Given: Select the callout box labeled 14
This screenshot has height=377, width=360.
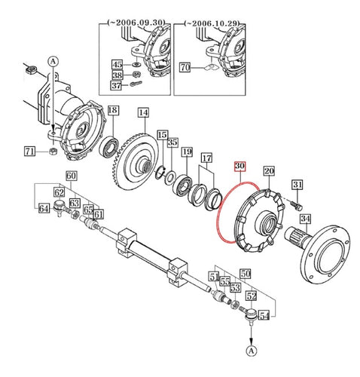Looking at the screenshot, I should pos(142,112).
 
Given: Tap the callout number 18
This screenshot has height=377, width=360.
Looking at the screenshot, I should pos(111,111).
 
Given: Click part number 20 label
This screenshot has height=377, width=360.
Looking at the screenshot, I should pos(269,171).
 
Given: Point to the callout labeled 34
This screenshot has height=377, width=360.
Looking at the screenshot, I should pos(305,219).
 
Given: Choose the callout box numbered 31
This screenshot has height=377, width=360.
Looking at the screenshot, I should pos(297,186).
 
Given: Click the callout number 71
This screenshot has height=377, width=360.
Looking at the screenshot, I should pos(29,152).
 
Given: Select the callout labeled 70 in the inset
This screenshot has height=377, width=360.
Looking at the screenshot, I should pos(184,68).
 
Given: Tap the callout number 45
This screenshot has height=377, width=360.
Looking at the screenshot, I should pos(117,65).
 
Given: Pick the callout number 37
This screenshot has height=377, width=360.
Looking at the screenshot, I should pos(117,86).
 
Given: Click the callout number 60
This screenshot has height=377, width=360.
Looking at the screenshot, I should pos(71,176).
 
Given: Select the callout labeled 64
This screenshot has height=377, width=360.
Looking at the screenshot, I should pos(44,208).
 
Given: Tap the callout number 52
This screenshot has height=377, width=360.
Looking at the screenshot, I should pos(251,296).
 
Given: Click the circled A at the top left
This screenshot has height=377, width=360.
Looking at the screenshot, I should pos(53,60).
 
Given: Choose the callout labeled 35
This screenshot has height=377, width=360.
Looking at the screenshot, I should pos(172,143).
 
